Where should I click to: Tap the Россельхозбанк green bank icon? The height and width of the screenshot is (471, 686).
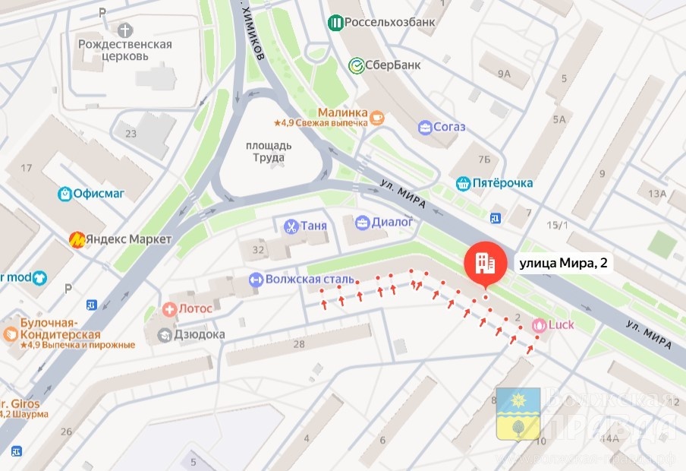[335, 22]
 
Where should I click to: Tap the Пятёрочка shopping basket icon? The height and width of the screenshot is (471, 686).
[463, 183]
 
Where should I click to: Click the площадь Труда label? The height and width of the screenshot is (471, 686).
[265, 151]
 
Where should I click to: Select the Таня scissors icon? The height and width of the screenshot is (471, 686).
[290, 226]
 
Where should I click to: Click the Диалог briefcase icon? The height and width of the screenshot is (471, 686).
[362, 223]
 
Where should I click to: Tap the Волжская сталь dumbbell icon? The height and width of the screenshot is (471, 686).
[255, 280]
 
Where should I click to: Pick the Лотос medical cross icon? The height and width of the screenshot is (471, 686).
[170, 309]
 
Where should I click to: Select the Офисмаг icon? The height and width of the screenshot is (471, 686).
[66, 194]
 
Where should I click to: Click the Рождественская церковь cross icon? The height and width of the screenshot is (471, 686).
[125, 30]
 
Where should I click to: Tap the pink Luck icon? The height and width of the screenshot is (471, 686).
[539, 325]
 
